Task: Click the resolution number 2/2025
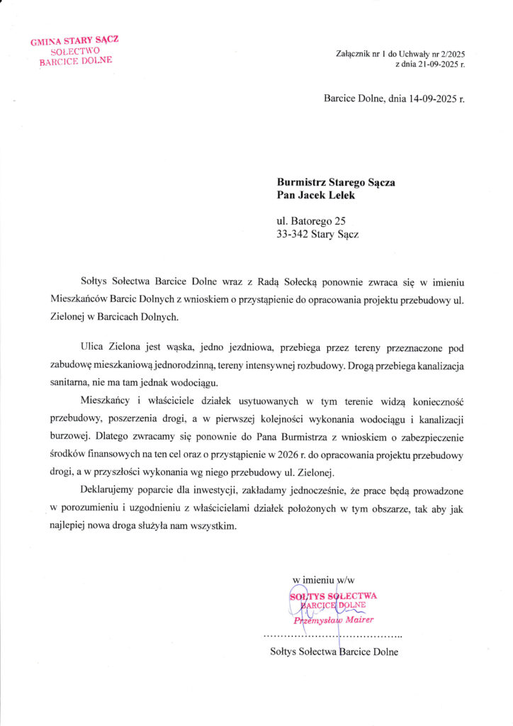451,54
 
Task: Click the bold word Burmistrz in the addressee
303,181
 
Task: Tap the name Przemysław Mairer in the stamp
334,620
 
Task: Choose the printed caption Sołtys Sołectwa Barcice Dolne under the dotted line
334,652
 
